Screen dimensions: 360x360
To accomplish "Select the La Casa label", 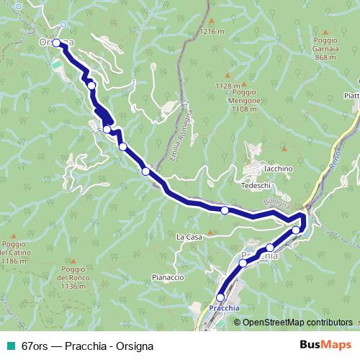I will [x=188, y=235].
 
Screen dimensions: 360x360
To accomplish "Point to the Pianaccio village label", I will [x=169, y=277].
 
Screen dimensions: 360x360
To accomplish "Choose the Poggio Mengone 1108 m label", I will [x=244, y=102].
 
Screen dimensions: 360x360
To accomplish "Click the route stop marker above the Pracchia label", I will [x=220, y=297].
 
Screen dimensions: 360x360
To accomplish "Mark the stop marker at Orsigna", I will [x=56, y=43].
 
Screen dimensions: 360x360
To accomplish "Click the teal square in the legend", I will [x=9, y=346].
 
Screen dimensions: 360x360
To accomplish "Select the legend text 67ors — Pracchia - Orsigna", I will [x=86, y=346].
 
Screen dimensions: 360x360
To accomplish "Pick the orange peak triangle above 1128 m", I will [x=228, y=75].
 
